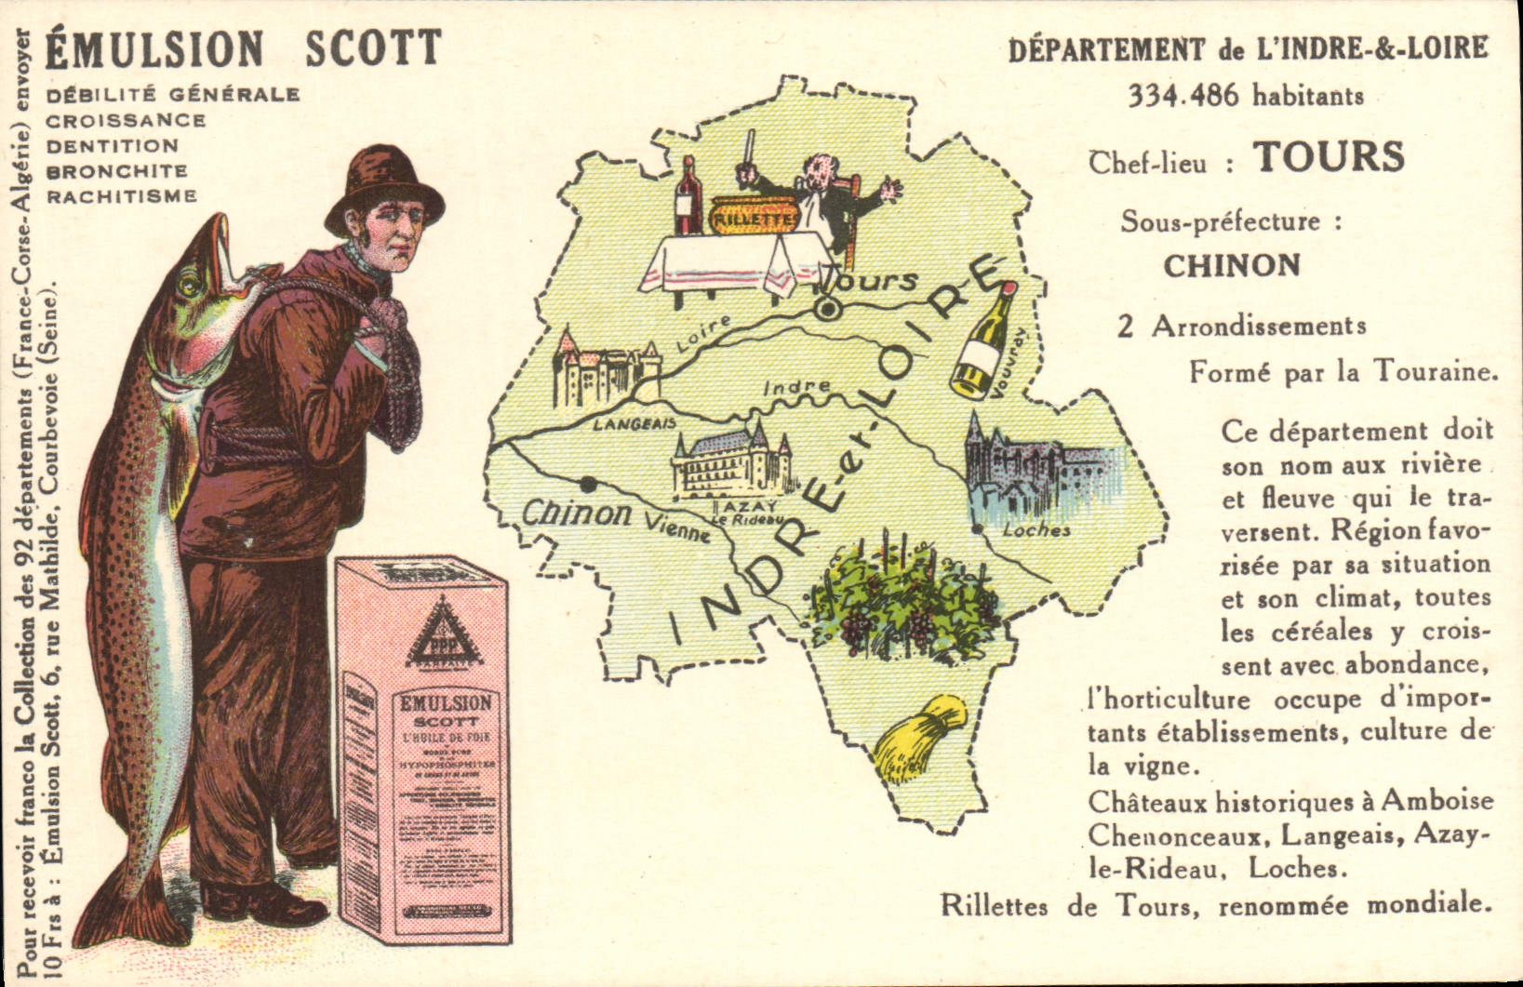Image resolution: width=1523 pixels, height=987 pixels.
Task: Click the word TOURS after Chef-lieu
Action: [1328, 157]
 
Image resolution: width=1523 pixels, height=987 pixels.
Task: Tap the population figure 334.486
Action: [1182, 96]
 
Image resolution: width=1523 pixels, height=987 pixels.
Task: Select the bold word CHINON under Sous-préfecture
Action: [1231, 266]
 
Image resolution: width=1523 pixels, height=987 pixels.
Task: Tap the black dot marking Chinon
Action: [588, 484]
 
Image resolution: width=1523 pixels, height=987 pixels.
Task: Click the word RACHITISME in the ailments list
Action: [122, 196]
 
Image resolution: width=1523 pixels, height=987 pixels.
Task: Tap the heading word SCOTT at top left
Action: [373, 49]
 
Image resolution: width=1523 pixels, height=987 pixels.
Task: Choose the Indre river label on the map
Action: [796, 386]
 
